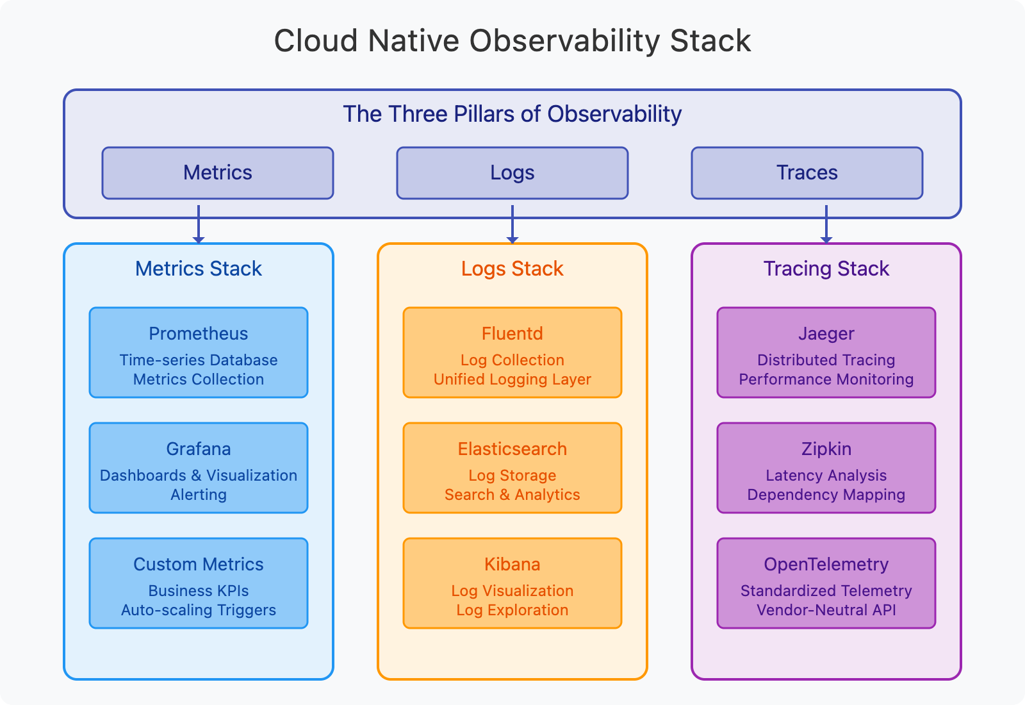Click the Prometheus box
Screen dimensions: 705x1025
(199, 352)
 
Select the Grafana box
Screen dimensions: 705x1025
(199, 468)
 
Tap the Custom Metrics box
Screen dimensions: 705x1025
(199, 583)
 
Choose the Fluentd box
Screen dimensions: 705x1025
(512, 352)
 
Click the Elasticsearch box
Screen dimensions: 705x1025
(512, 468)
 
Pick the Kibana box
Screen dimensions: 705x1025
(512, 583)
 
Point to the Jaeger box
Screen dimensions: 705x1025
(826, 352)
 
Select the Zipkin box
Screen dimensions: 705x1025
(826, 468)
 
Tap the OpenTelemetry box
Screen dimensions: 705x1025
(826, 583)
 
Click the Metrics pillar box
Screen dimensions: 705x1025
(218, 173)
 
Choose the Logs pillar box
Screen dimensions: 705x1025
(512, 173)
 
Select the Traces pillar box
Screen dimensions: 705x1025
(807, 173)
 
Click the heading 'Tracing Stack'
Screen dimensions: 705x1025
(826, 269)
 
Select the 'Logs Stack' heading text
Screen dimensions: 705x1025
(512, 269)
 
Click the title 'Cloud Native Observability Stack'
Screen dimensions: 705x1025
(512, 41)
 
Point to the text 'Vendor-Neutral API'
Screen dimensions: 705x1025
(826, 610)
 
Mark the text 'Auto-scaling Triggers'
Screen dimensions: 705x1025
(199, 610)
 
